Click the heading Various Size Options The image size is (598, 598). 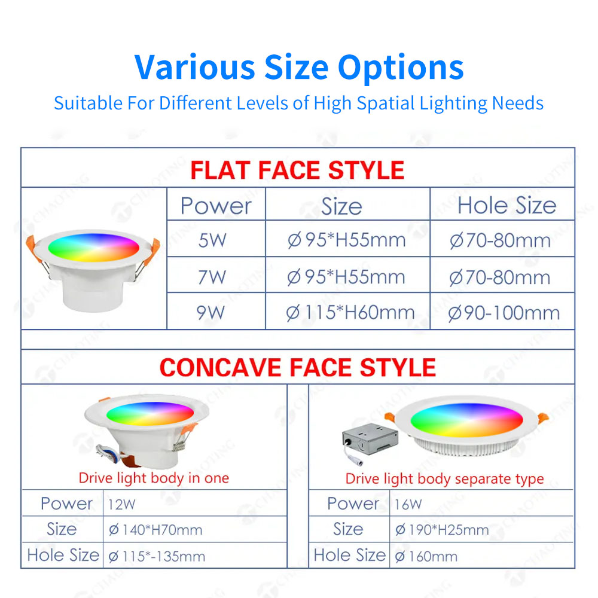[x=299, y=67]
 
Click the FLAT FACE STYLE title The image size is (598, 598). [x=297, y=170]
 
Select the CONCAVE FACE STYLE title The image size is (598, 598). [x=298, y=367]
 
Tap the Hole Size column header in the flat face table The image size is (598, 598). [x=507, y=206]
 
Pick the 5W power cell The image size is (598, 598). [x=212, y=240]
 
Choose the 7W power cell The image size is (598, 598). [x=212, y=277]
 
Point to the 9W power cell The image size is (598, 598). [x=211, y=312]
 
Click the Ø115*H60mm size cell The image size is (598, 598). [x=350, y=313]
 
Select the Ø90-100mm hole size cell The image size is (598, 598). [x=504, y=313]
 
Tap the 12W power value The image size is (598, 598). [x=121, y=505]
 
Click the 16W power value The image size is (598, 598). [x=408, y=505]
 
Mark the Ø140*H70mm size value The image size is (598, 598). [x=155, y=530]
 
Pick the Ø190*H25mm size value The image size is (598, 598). [x=442, y=530]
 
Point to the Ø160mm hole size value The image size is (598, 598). [x=426, y=556]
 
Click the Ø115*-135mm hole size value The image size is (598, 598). [x=157, y=556]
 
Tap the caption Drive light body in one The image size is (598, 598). [x=154, y=478]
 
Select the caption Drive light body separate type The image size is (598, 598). [x=445, y=478]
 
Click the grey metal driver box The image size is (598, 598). [x=370, y=438]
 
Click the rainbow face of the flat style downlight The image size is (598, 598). [x=93, y=247]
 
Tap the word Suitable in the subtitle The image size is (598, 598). [x=88, y=103]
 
